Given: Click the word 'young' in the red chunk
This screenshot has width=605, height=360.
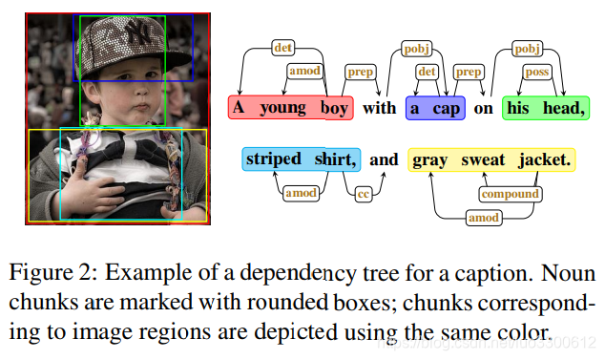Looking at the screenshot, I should [x=281, y=108].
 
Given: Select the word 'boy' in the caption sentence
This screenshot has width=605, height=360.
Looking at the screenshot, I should [x=334, y=108].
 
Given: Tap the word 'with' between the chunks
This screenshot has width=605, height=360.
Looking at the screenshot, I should [x=379, y=108].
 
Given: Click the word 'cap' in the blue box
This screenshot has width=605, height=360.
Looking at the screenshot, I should [x=447, y=108].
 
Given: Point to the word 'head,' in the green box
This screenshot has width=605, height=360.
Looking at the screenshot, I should [x=562, y=108].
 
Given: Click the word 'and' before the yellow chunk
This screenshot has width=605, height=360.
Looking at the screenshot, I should [x=384, y=159].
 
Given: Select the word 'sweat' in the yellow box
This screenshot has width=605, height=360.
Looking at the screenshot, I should [x=482, y=159].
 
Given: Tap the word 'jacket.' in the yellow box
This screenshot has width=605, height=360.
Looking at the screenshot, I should [x=545, y=159].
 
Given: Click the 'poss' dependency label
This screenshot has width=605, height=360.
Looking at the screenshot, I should [x=537, y=72].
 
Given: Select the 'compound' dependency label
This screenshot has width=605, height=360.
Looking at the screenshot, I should [x=510, y=195].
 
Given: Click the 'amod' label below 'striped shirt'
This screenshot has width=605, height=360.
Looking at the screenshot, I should [x=302, y=193].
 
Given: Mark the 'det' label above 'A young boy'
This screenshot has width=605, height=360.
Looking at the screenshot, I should [x=282, y=47].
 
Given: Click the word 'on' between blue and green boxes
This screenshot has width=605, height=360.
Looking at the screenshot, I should [x=483, y=108].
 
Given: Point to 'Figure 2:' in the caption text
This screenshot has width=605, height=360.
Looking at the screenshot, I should [x=53, y=272].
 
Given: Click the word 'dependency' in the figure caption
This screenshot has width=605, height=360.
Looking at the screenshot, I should [x=296, y=272].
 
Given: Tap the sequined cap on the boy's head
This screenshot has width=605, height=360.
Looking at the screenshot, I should [x=119, y=43].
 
